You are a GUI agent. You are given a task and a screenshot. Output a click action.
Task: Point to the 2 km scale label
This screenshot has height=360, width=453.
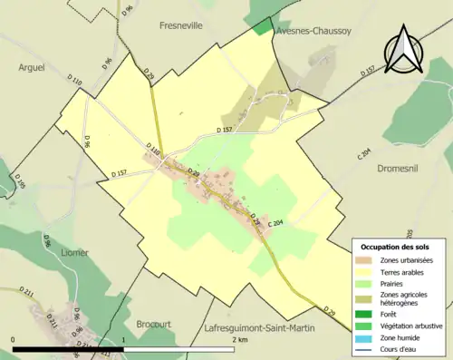(x=240, y=340)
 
